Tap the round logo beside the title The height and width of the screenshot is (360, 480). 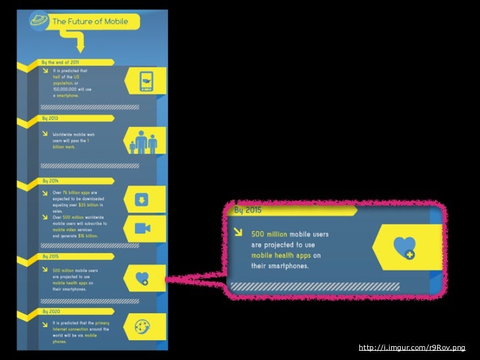point(39,22)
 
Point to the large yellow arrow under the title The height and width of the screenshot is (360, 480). point(80,44)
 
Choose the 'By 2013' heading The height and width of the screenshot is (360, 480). point(50,118)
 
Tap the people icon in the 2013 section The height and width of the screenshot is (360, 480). point(142,141)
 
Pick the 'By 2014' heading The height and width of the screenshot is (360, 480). point(51,180)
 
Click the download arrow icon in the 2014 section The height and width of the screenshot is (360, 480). point(141,199)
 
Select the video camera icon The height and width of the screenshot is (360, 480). point(141,228)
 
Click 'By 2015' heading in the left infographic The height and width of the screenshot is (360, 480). point(51,255)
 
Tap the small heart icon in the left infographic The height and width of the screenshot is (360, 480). point(141,279)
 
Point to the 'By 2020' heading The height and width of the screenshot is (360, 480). point(51,310)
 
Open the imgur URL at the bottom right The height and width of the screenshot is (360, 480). point(411,347)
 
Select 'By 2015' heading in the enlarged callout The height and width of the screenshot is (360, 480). point(249,210)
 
